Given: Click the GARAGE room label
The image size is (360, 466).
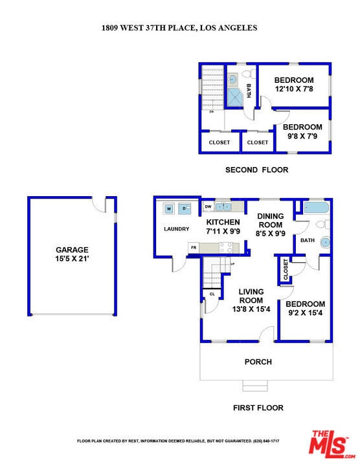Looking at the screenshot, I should click(x=72, y=250).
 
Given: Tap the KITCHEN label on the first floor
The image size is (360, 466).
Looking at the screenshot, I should click(x=223, y=222).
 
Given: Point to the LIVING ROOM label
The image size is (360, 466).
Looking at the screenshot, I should click(x=251, y=296).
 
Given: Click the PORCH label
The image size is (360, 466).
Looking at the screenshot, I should click(x=258, y=362).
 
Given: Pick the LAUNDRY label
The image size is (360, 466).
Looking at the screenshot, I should click(x=176, y=228).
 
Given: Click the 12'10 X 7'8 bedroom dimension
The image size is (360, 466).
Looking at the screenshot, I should click(x=294, y=89).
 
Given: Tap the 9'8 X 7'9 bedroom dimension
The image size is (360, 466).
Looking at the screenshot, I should click(x=302, y=137).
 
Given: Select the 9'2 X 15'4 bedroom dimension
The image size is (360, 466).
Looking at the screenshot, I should click(x=305, y=313).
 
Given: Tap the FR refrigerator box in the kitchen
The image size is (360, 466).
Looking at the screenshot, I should click(x=194, y=247).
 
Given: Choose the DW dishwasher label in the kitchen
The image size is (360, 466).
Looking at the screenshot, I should click(x=208, y=206).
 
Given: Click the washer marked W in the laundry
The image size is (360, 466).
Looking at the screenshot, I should click(x=169, y=208).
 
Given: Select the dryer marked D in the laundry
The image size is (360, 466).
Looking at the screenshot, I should click(x=184, y=208).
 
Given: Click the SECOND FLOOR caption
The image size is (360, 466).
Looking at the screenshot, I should click(x=256, y=170).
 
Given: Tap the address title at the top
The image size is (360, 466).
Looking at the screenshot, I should click(x=179, y=28).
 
